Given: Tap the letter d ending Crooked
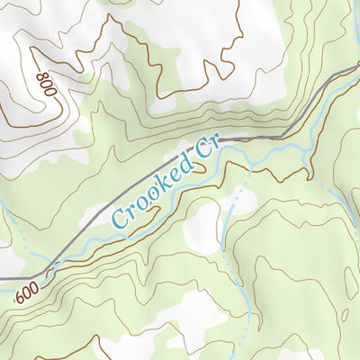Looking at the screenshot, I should pyautogui.click(x=186, y=165).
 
